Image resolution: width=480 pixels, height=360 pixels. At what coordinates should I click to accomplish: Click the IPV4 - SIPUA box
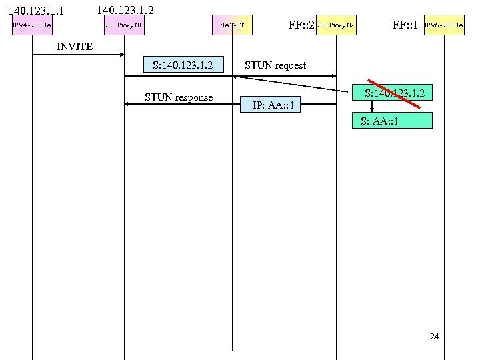pos(32,25)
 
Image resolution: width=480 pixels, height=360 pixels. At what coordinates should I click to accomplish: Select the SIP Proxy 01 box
pos(124,25)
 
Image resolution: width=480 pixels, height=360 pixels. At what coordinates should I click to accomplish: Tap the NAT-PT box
pos(232,25)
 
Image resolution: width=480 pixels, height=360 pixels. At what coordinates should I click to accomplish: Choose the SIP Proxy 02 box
pos(336,25)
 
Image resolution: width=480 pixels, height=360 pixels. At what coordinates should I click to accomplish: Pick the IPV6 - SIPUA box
pos(443,25)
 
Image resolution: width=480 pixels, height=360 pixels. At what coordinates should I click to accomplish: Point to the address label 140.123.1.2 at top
pos(125,10)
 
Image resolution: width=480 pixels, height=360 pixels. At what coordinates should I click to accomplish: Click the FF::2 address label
pos(301,25)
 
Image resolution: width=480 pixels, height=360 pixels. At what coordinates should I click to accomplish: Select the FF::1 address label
pos(405,25)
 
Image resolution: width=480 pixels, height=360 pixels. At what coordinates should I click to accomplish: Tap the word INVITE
pos(75,47)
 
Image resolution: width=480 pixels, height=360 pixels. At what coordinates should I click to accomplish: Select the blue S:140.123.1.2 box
pos(183,65)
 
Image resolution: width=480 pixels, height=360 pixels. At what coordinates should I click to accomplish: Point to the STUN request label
pos(275,65)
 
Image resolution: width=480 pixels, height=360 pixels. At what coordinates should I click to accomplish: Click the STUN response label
pos(179,97)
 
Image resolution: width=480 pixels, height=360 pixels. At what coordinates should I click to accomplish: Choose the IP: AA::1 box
pos(276,105)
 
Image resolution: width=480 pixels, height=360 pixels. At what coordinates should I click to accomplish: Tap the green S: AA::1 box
pos(393,121)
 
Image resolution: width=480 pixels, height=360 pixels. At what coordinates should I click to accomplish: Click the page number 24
pos(434,337)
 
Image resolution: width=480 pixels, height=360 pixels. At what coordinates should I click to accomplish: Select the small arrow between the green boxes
pos(372,106)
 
